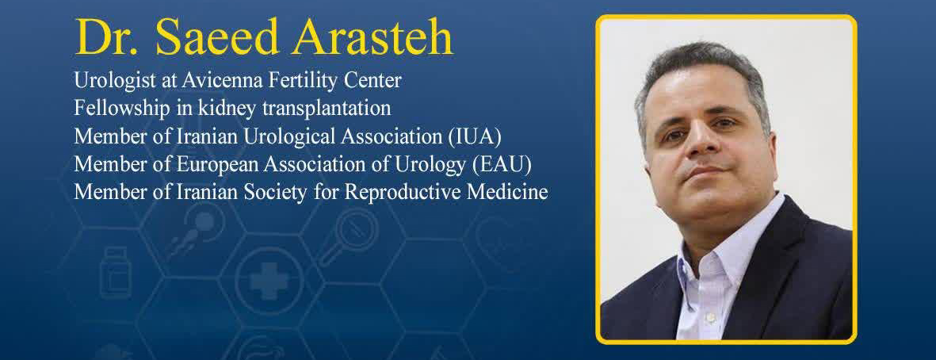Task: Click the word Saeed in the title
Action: coord(217,38)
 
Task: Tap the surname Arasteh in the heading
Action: coord(372,38)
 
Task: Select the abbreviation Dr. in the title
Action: coord(109,38)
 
